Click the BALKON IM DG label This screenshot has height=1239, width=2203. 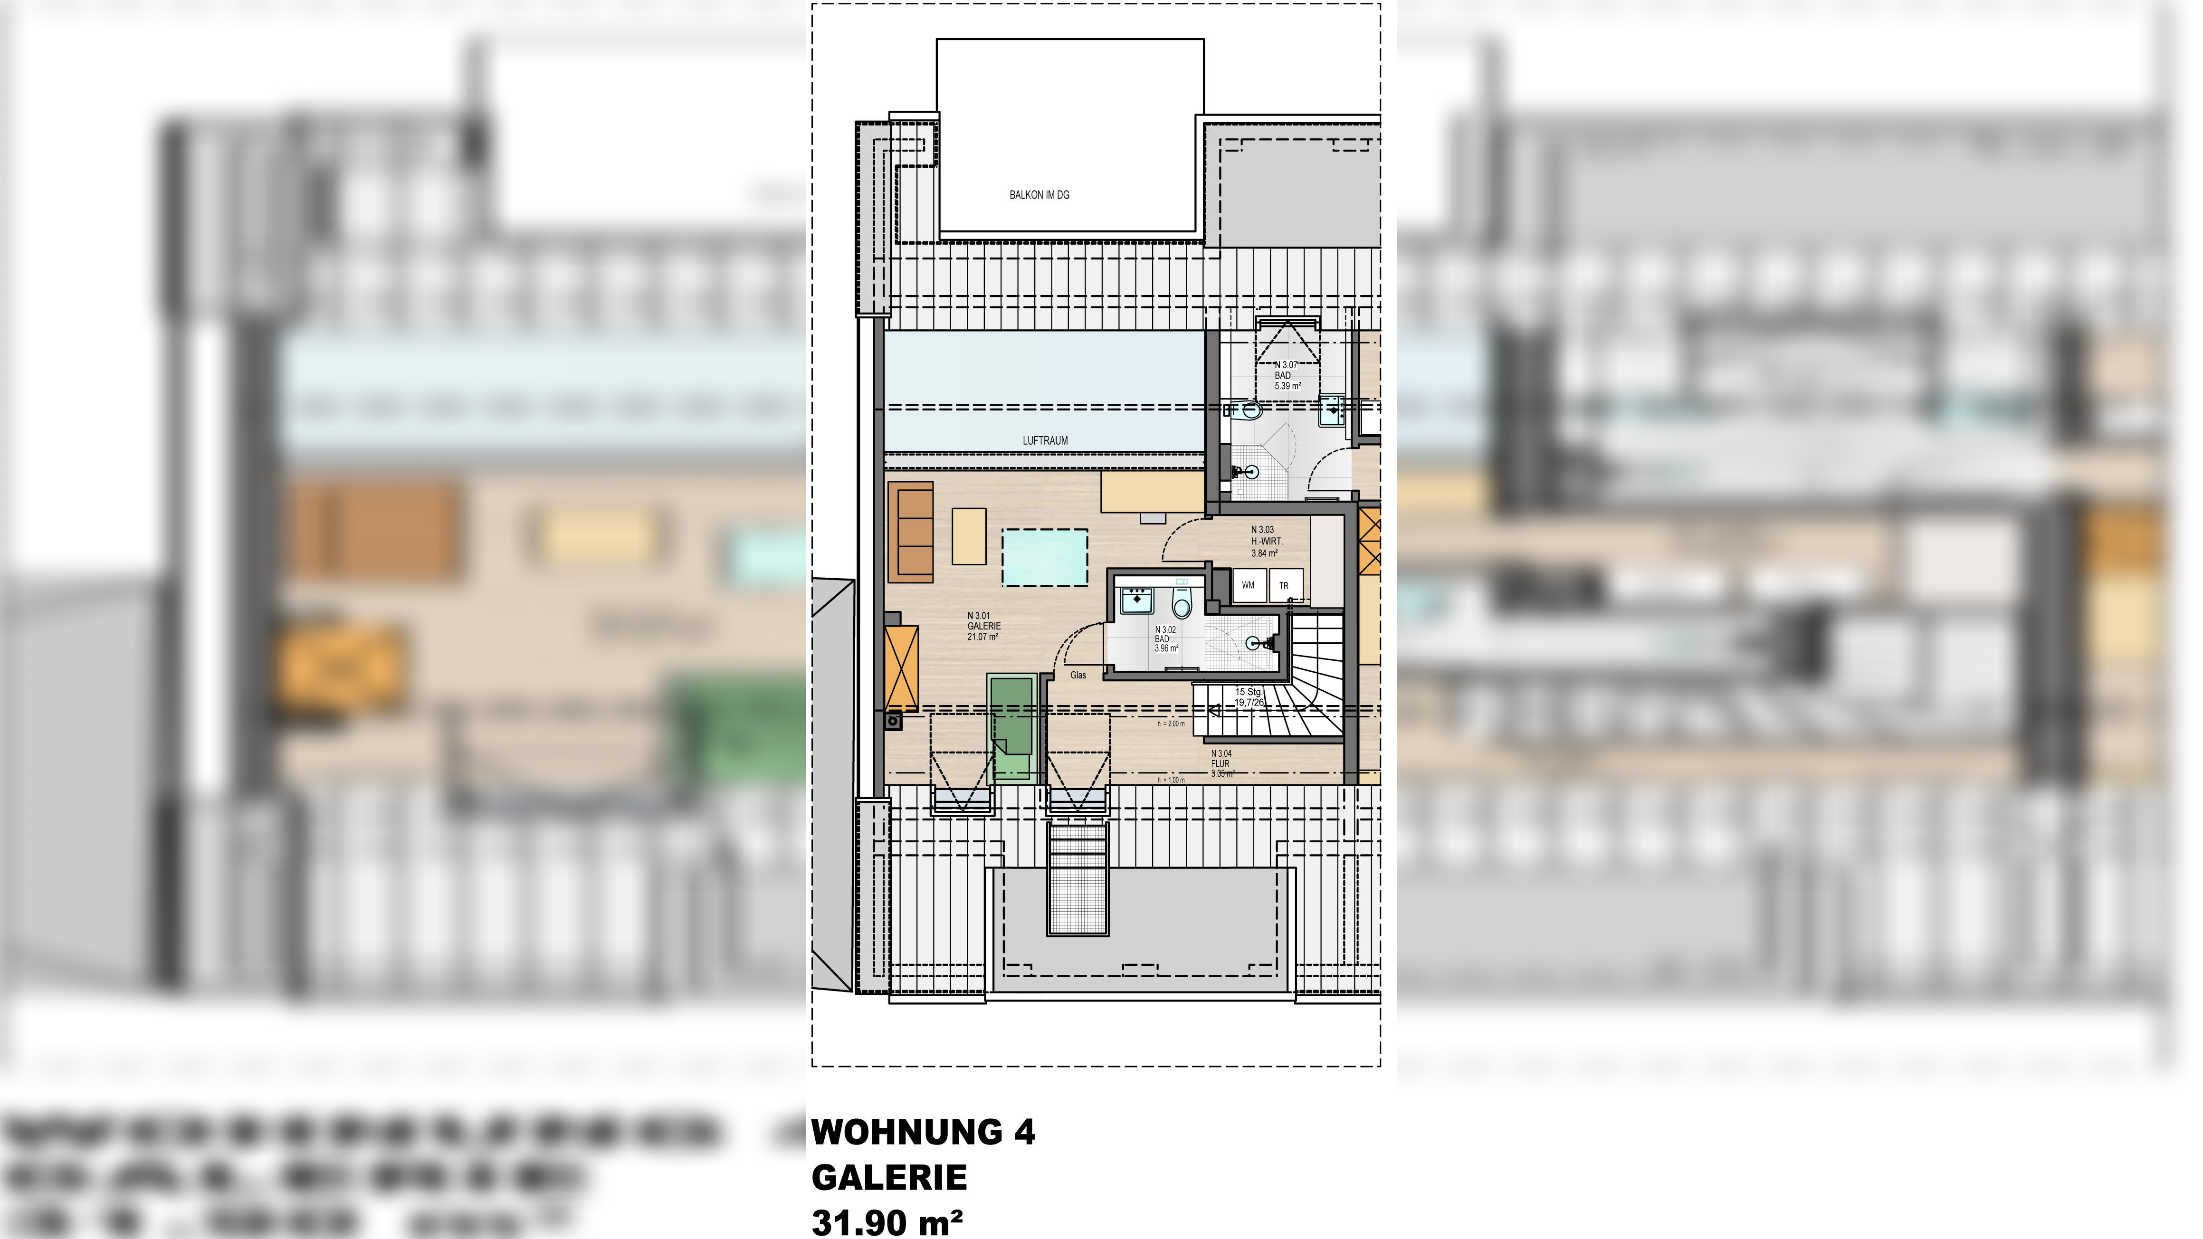1039,195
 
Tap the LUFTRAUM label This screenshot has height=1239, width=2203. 1045,440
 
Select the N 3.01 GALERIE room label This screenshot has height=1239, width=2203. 983,626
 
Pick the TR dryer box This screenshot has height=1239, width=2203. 1284,586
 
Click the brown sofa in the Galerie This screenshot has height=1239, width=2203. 911,532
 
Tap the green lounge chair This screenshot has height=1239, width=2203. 1011,728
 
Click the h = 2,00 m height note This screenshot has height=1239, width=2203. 1171,724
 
